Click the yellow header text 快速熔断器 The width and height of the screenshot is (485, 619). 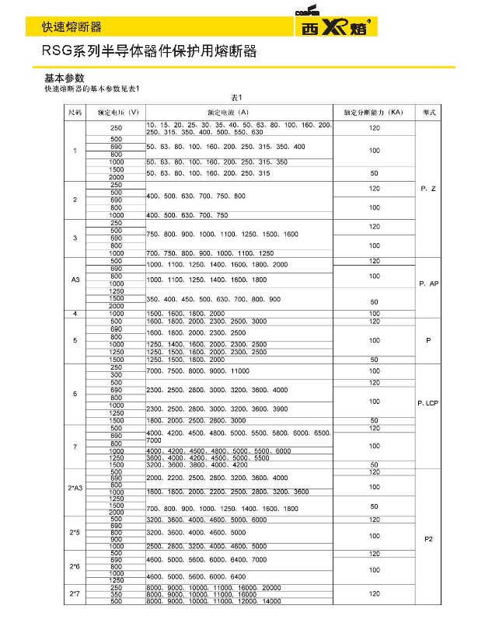[x=72, y=27]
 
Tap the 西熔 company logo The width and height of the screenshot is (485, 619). [x=335, y=25]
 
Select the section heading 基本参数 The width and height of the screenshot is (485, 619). [x=64, y=78]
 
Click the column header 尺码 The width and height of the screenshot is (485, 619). [x=75, y=113]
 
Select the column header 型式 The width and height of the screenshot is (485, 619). [x=428, y=113]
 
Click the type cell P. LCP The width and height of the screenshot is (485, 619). [x=428, y=404]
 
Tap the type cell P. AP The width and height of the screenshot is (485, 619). [x=428, y=284]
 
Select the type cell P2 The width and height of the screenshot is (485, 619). [x=428, y=538]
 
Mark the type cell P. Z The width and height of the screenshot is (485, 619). [x=428, y=189]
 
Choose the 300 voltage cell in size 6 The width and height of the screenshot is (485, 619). [x=116, y=374]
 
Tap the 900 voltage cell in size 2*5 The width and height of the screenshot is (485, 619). [x=116, y=539]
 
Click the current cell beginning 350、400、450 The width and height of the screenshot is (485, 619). [x=213, y=299]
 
